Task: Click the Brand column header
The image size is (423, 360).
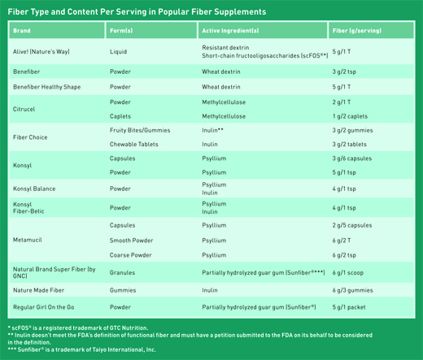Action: pyautogui.click(x=22, y=31)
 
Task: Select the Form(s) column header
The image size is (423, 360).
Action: pyautogui.click(x=121, y=31)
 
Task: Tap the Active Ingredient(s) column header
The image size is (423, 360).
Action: pyautogui.click(x=230, y=31)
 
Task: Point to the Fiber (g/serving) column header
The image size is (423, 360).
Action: pyautogui.click(x=357, y=31)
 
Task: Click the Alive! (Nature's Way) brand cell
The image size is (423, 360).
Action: pyautogui.click(x=41, y=51)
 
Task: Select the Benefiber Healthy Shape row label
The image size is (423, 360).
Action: pyautogui.click(x=47, y=87)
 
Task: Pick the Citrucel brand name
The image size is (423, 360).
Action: pyautogui.click(x=24, y=109)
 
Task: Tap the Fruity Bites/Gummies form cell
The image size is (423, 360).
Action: pyautogui.click(x=140, y=130)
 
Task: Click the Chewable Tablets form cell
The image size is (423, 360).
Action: pyautogui.click(x=134, y=144)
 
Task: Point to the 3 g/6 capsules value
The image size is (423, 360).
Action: pyautogui.click(x=352, y=158)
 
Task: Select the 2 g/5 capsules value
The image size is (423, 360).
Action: pyautogui.click(x=352, y=225)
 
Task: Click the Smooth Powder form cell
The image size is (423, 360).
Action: pyautogui.click(x=131, y=241)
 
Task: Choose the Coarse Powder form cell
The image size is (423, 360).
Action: pyautogui.click(x=131, y=255)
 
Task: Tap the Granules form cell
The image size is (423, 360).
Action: pyautogui.click(x=122, y=272)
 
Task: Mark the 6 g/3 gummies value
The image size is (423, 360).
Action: pyautogui.click(x=352, y=290)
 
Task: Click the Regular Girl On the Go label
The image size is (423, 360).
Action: pyautogui.click(x=44, y=307)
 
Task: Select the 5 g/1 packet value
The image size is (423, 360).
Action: pyautogui.click(x=349, y=307)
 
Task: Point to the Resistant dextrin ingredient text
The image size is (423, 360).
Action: pyautogui.click(x=225, y=48)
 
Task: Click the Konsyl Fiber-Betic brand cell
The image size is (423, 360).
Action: pyautogui.click(x=28, y=208)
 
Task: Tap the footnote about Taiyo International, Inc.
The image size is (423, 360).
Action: pyautogui.click(x=82, y=349)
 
